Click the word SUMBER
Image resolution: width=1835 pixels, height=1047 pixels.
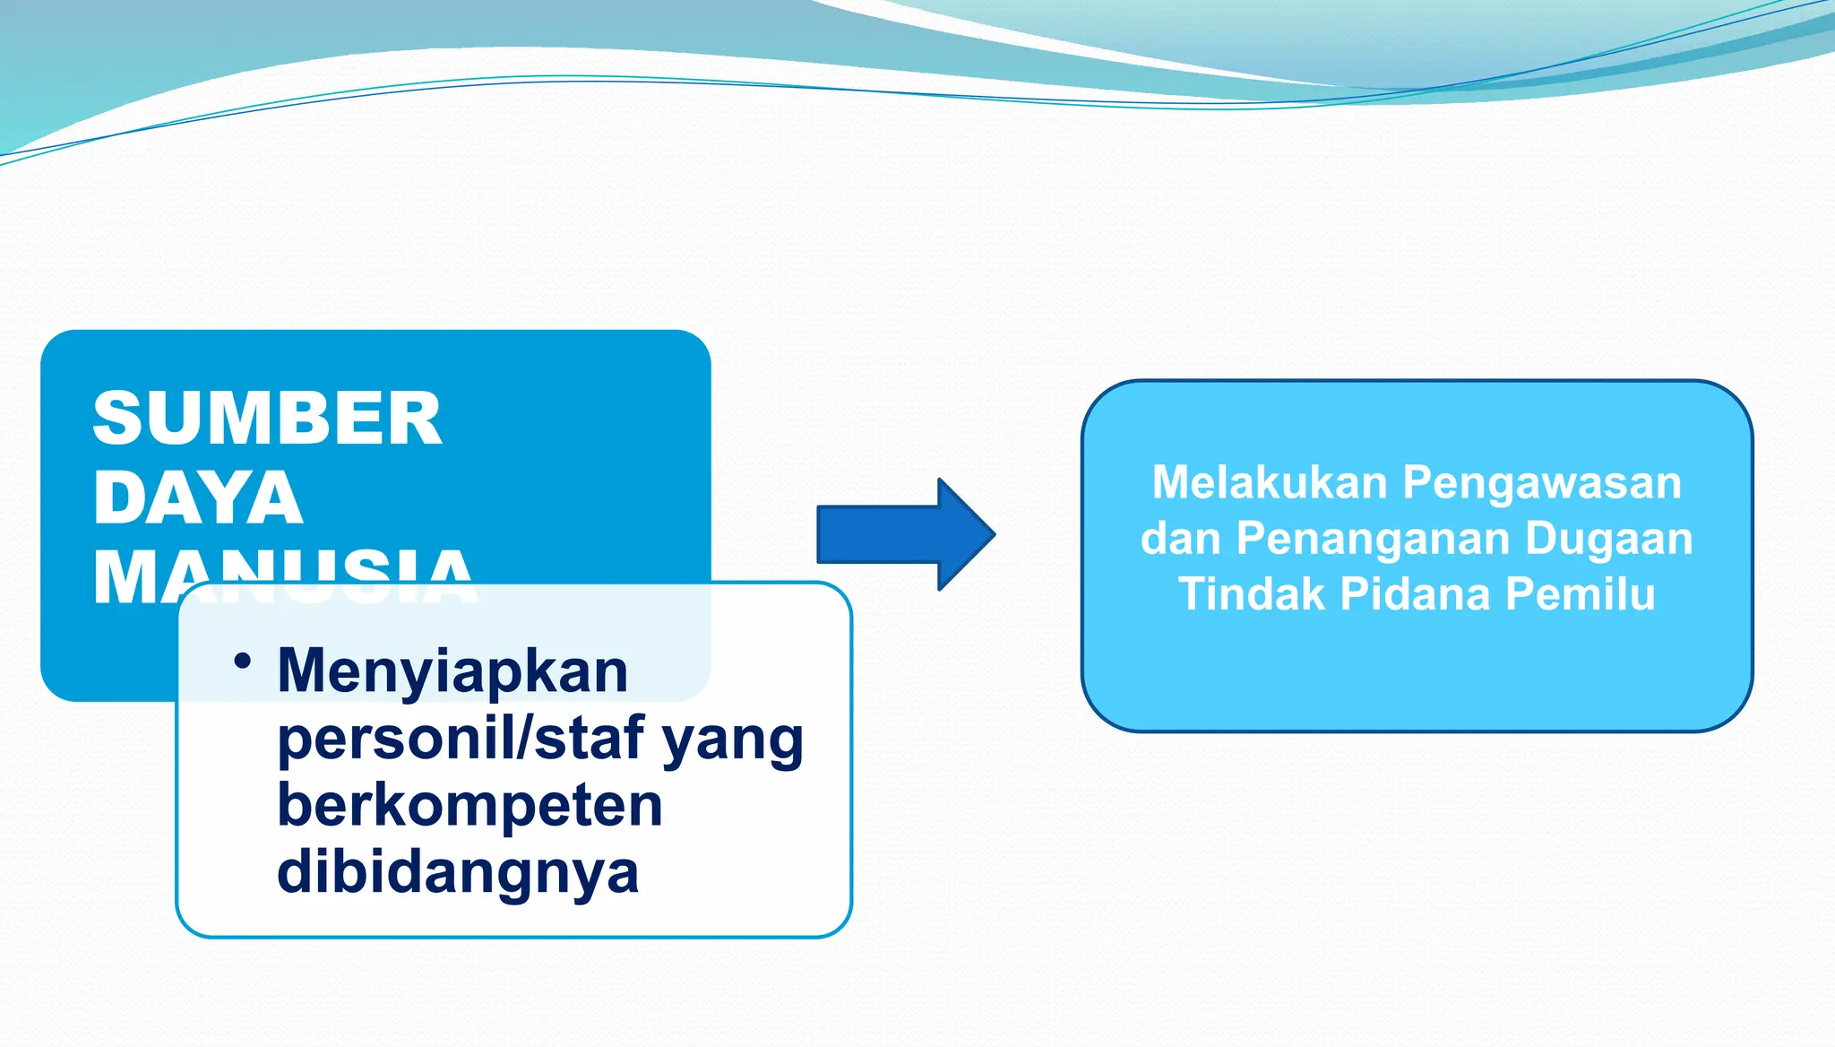(267, 419)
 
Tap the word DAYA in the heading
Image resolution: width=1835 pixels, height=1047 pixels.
(198, 498)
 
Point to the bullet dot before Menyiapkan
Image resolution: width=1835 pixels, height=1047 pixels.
(242, 662)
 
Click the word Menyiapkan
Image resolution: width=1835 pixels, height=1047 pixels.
(452, 671)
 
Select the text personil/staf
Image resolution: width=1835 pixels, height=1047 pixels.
(461, 739)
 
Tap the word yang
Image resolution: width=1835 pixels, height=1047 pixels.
(732, 740)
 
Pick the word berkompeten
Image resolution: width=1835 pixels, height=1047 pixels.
(470, 805)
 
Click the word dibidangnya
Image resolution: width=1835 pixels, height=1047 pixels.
(458, 872)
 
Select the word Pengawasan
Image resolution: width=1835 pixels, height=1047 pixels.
(1542, 484)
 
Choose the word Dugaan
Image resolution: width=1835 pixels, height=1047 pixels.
(1608, 539)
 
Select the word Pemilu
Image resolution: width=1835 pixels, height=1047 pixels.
(1581, 594)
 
